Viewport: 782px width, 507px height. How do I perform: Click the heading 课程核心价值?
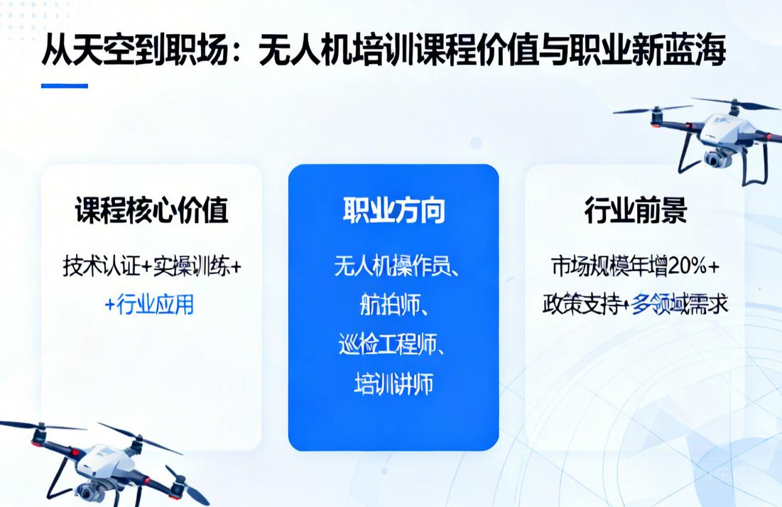[x=151, y=211]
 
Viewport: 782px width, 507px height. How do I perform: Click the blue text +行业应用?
[x=149, y=305]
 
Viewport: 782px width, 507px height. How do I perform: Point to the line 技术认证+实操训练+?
[x=151, y=267]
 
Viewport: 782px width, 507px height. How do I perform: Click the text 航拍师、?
[x=393, y=305]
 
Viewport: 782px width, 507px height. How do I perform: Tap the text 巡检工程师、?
[x=393, y=344]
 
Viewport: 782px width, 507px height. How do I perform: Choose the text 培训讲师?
[x=393, y=384]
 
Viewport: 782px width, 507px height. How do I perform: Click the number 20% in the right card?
[x=688, y=267]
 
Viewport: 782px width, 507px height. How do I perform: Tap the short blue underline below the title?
[x=64, y=86]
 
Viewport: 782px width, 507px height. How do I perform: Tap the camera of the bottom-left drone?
[x=89, y=491]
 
